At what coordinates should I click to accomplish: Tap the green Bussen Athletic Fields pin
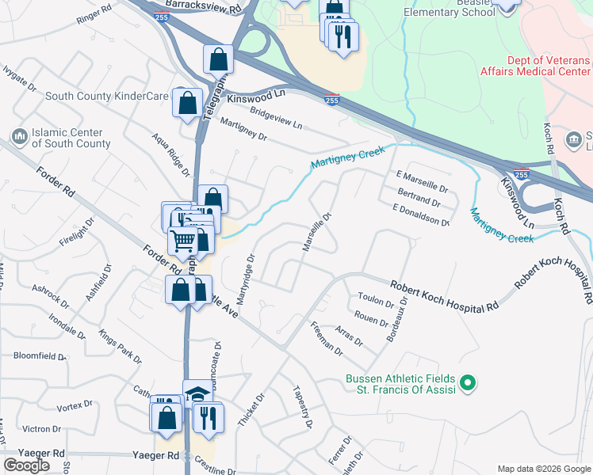[x=468, y=384]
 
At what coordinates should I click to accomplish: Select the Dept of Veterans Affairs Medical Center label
[x=535, y=66]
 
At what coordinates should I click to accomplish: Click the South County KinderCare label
[x=107, y=96]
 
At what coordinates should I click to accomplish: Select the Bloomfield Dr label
[x=40, y=356]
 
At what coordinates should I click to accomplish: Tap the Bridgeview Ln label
[x=276, y=119]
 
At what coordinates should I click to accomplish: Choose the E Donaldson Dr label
[x=421, y=214]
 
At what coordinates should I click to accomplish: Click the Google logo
[x=26, y=465]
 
